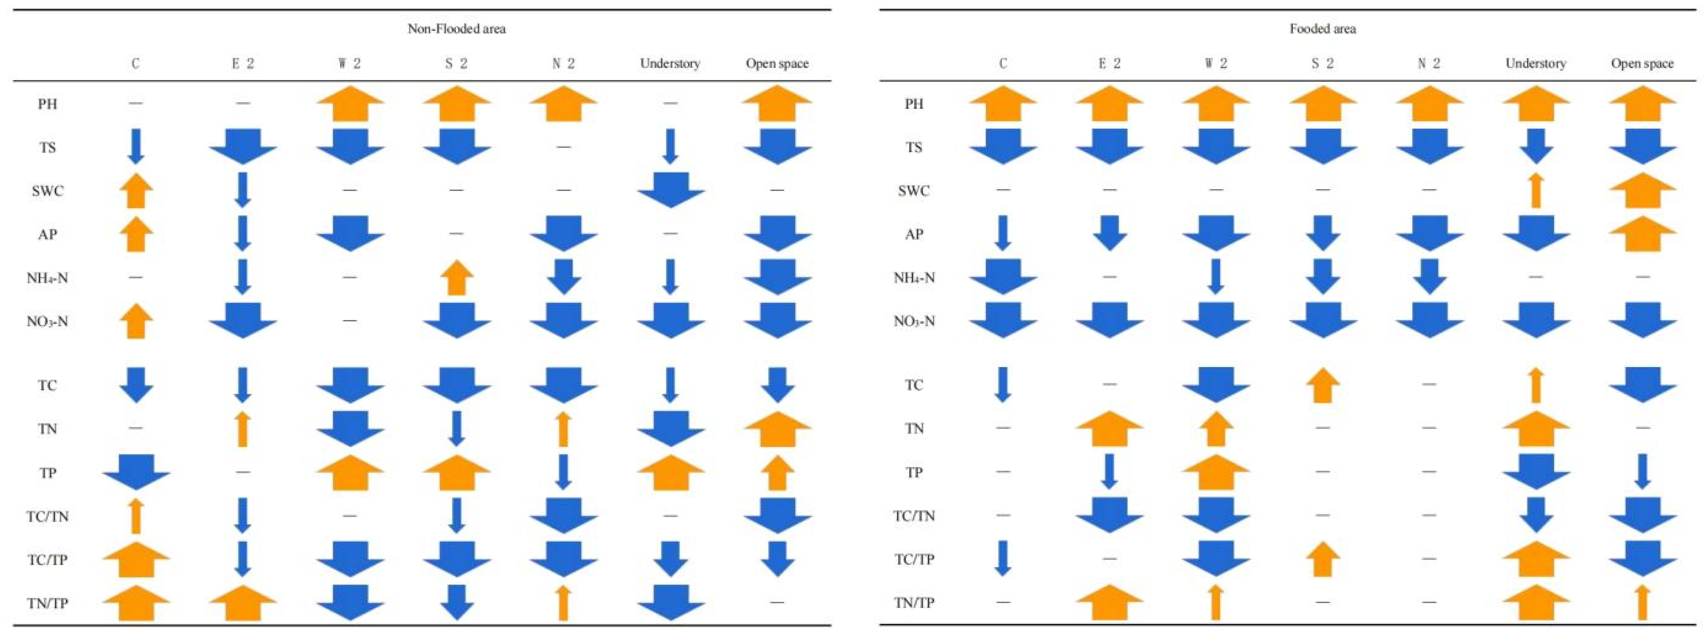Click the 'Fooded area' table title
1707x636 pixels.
coord(1322,29)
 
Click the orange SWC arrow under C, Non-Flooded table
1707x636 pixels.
coord(136,190)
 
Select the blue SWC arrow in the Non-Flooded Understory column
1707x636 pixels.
coord(671,190)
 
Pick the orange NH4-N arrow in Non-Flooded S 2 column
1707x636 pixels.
coord(457,277)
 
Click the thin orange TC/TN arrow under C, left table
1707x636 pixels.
coord(136,516)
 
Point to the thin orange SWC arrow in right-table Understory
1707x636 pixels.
coord(1536,190)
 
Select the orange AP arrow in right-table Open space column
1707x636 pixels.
coord(1642,233)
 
